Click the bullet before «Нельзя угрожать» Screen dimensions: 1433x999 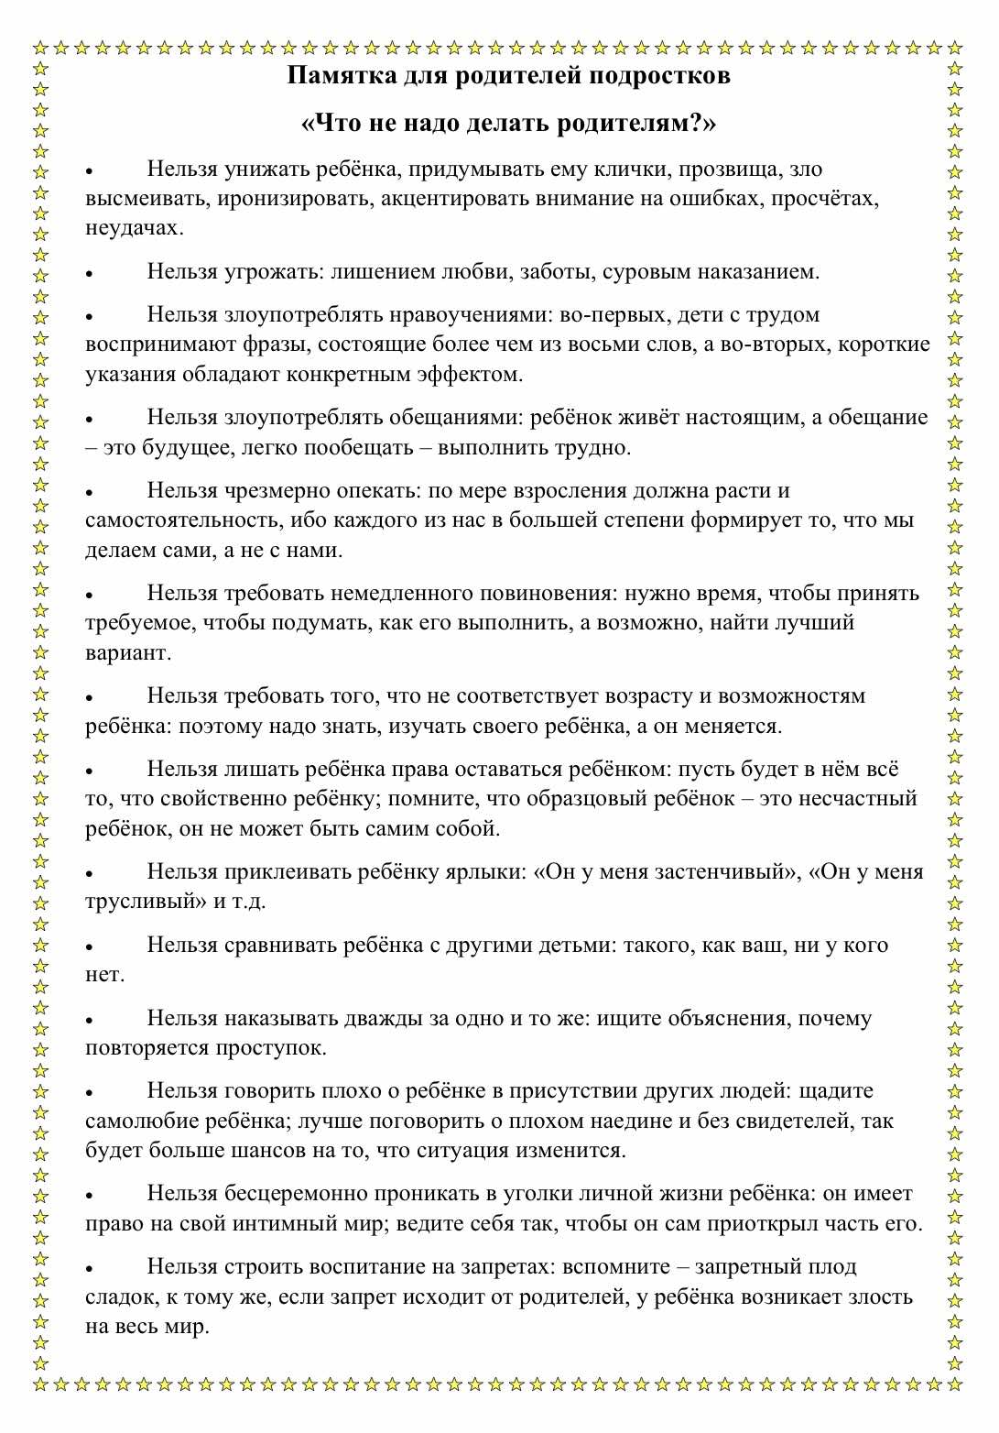tap(90, 274)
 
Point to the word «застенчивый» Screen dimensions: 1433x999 tap(719, 871)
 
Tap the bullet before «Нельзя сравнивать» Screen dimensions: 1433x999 tap(90, 947)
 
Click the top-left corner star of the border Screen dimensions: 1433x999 tap(40, 47)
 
